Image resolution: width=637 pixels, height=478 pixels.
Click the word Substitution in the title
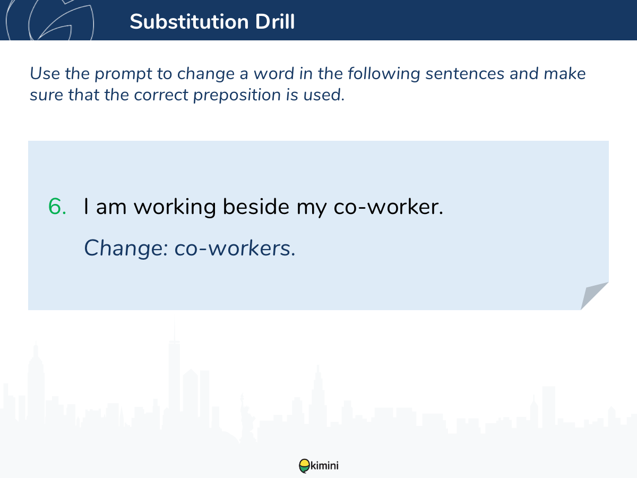point(189,22)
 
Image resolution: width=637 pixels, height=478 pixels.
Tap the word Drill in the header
point(275,21)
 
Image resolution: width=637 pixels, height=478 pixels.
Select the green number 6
point(57,207)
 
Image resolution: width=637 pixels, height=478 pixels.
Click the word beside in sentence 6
point(256,207)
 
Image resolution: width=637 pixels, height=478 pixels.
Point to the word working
point(175,208)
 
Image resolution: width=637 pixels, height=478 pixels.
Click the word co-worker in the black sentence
point(388,207)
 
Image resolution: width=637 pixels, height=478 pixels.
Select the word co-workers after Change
point(235,248)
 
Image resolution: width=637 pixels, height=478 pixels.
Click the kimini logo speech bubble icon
point(304,466)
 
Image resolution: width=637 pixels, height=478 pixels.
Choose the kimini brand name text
point(324,466)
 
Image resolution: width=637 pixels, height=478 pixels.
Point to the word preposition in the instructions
point(237,96)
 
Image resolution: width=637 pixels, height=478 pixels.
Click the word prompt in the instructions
point(123,74)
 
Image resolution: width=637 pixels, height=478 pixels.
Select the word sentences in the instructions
point(465,74)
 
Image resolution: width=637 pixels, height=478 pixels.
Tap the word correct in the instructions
point(161,95)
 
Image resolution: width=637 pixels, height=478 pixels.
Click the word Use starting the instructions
point(45,73)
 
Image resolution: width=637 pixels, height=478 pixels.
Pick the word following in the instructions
point(384,74)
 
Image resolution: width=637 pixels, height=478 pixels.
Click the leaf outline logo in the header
point(50,20)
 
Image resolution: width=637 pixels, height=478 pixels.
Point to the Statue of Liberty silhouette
point(247,418)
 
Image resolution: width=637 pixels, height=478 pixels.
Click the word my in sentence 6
point(312,208)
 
